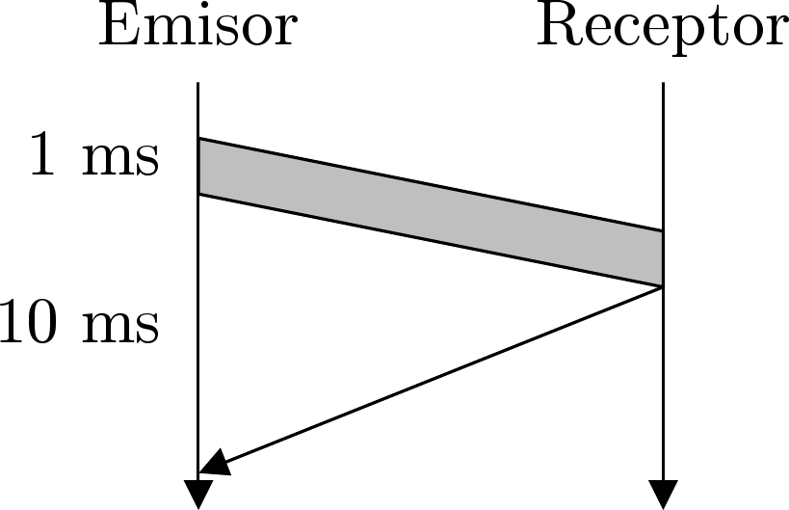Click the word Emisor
197,29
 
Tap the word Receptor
662,29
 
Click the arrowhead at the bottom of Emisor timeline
197,494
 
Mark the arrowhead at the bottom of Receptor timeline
663,494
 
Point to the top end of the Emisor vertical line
197,84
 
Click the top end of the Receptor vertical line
663,84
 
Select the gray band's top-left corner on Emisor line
198,139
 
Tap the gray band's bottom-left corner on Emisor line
198,195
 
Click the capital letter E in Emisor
116,29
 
